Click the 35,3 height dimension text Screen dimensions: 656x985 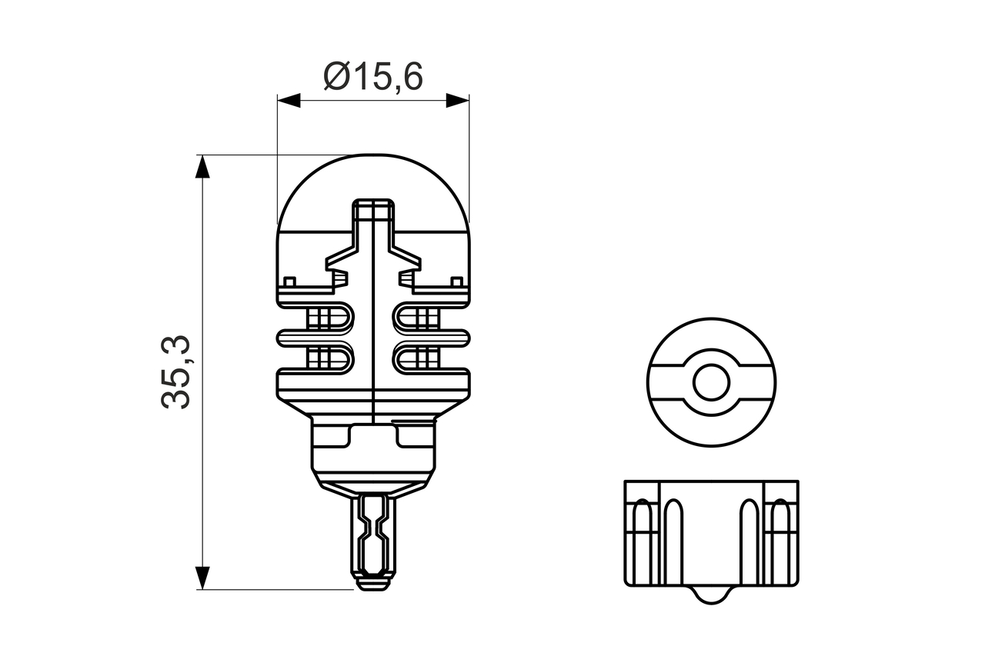click(176, 373)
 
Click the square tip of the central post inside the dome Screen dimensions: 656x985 click(373, 209)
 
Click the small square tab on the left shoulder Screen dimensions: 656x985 click(290, 281)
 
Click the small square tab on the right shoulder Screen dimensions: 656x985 click(457, 281)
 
